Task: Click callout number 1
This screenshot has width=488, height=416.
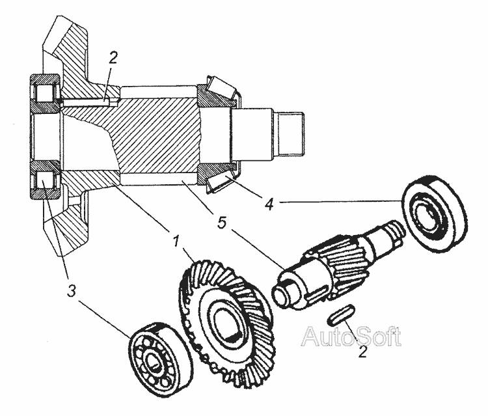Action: [x=176, y=240]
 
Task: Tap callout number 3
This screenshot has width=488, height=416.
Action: [x=72, y=291]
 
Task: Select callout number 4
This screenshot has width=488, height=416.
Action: [x=269, y=204]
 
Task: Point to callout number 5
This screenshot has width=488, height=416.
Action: [x=222, y=223]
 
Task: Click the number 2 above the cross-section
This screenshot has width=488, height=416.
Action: [x=113, y=58]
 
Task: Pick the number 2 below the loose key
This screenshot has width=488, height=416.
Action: [x=363, y=351]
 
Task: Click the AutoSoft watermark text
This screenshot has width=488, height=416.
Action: [x=351, y=337]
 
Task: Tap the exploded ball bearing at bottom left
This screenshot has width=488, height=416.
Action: [x=161, y=359]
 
